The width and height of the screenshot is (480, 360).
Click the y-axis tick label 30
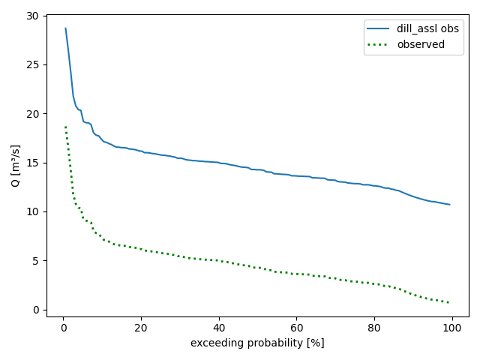(x=32, y=16)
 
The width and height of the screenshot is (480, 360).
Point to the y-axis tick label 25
(x=32, y=64)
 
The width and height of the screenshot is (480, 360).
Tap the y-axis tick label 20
(x=32, y=114)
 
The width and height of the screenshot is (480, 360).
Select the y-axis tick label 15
(x=32, y=163)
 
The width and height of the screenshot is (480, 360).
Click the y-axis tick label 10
(x=32, y=211)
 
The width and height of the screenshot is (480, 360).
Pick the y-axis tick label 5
(x=35, y=261)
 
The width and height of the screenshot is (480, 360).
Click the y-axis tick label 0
(x=35, y=310)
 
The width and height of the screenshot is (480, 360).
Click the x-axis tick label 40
(x=218, y=328)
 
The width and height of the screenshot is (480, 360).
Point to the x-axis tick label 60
(x=296, y=328)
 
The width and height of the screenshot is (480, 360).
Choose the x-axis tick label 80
(x=374, y=328)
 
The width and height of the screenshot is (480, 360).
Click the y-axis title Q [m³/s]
(x=15, y=166)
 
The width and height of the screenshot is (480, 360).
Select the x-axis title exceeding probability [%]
(x=257, y=343)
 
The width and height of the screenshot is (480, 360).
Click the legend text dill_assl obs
(x=429, y=28)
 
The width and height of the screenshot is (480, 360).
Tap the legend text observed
(x=421, y=44)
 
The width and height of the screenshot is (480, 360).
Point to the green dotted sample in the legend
(x=379, y=44)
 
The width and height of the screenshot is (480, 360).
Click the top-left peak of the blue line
(x=65, y=28)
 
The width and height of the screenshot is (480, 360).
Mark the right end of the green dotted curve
(x=449, y=302)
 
